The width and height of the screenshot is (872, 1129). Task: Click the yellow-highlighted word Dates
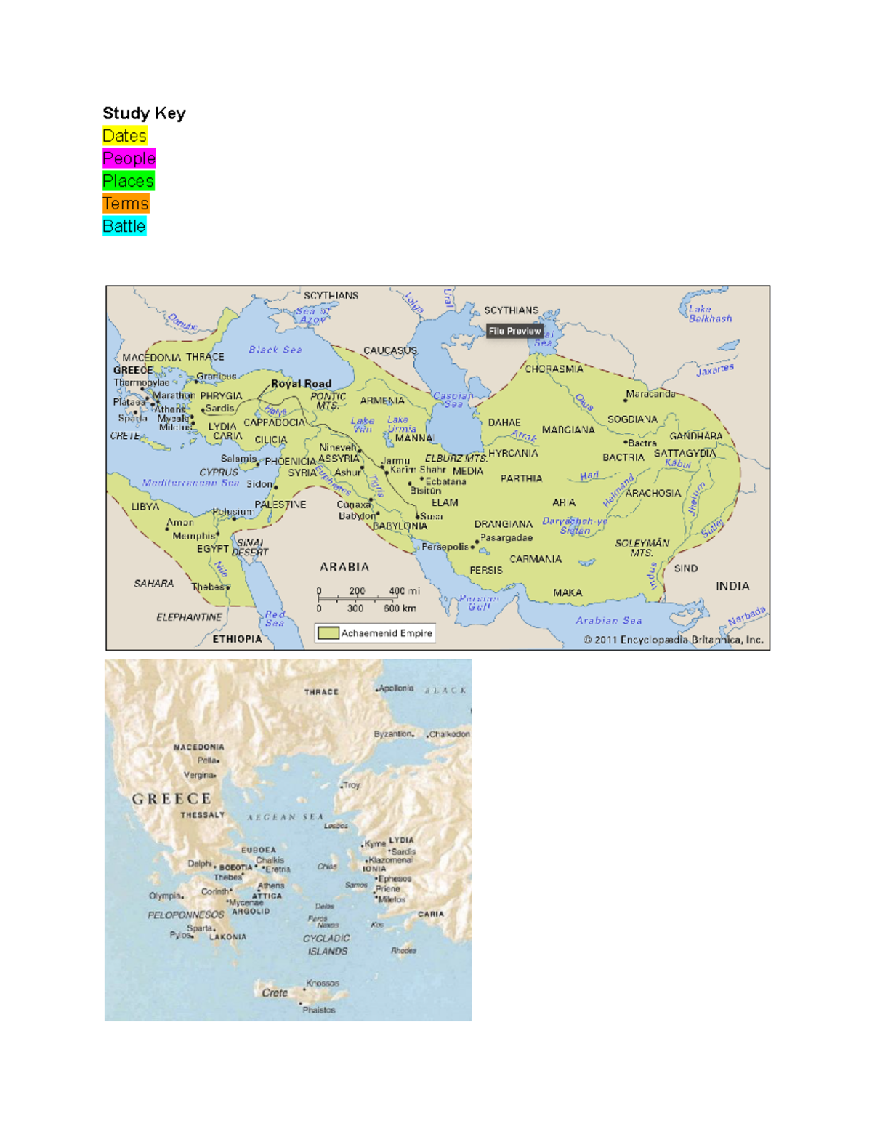124,136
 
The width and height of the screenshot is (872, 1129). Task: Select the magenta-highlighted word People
129,158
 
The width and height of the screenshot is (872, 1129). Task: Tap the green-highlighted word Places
128,181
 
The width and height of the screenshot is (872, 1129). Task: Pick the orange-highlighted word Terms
125,204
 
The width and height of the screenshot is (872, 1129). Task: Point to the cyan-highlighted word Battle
124,226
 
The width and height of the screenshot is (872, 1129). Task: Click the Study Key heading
144,113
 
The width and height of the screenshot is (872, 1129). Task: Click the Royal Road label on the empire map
301,383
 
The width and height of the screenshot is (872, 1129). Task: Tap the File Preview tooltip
514,331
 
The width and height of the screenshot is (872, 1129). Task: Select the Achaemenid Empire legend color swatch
328,633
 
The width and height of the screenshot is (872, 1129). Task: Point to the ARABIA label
344,566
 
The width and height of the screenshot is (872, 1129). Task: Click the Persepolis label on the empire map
445,547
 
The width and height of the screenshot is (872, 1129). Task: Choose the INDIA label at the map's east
732,586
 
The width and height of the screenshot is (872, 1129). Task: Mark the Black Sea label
275,350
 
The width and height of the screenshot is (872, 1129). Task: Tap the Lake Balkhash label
709,314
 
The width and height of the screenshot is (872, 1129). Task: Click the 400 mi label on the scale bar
404,591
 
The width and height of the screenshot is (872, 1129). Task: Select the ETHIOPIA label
237,639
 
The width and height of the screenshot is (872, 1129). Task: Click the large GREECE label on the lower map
171,799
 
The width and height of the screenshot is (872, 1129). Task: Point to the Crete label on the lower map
275,992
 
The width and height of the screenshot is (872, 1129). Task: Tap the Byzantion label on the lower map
393,734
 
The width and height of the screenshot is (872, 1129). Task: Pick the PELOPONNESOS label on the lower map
186,915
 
